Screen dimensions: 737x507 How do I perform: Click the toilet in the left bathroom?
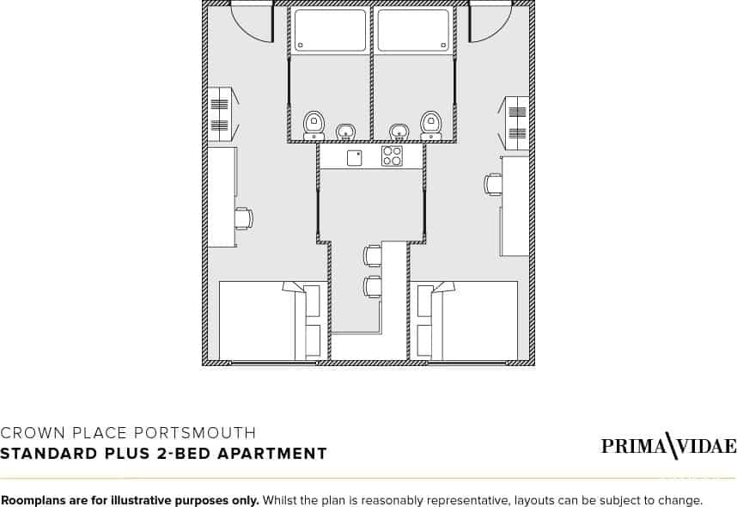[x=314, y=125]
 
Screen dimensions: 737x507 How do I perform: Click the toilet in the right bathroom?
[x=430, y=125]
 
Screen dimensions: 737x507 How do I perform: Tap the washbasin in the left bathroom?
[x=346, y=131]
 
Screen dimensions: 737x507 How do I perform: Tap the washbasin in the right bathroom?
[x=399, y=131]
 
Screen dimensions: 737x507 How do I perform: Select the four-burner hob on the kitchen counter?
[x=392, y=156]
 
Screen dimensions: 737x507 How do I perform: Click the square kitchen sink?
[x=355, y=158]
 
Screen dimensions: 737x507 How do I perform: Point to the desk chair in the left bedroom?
[x=244, y=218]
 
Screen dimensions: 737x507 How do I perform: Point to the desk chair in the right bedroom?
[x=493, y=184]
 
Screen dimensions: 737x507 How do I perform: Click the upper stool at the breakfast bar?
[x=372, y=255]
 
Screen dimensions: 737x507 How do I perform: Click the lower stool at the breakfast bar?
[x=372, y=287]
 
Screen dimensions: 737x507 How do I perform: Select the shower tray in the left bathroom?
[x=330, y=29]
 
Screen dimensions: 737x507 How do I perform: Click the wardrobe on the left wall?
[x=221, y=113]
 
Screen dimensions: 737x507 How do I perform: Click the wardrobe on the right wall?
[x=515, y=124]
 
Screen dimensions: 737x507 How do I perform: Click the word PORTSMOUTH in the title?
[x=195, y=433]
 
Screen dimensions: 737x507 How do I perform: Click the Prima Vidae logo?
[x=669, y=446]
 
